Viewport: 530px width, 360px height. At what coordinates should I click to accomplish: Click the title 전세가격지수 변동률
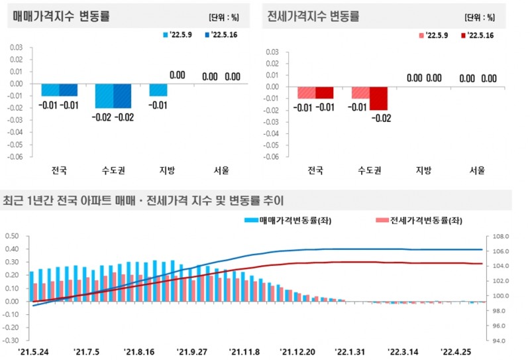coord(313,16)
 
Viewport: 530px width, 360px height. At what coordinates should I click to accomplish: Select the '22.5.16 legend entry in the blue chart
coord(223,34)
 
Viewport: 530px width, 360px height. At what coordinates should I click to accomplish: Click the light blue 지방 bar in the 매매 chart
coord(158,90)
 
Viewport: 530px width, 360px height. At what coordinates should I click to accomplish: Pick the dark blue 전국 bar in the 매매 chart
coord(68,90)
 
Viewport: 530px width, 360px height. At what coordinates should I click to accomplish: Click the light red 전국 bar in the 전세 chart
coord(306,93)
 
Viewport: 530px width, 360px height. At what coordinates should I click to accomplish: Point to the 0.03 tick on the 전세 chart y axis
coord(270,50)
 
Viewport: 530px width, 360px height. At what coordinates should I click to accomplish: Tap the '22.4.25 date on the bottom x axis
coord(457,351)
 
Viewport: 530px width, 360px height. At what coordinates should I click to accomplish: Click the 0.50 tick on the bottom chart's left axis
coord(13,236)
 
